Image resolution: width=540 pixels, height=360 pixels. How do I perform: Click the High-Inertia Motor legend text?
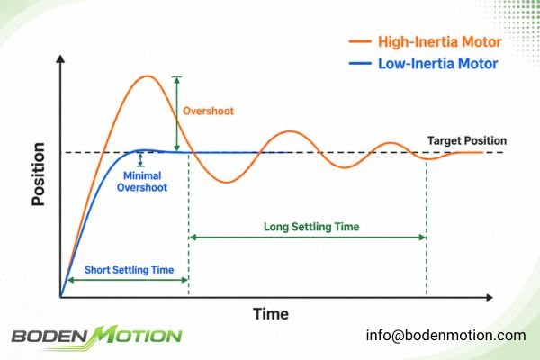click(440, 41)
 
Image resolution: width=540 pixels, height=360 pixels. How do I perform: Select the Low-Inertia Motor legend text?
click(438, 64)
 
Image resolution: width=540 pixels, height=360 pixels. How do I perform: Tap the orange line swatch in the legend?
click(360, 41)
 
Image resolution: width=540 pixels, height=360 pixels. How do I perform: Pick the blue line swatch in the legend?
click(360, 63)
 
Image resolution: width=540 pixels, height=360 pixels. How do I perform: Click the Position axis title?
click(38, 174)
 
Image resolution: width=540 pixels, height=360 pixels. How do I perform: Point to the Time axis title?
click(271, 314)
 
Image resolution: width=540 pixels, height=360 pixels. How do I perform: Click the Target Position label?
click(467, 140)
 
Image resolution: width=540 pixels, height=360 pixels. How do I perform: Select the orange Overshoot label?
click(208, 111)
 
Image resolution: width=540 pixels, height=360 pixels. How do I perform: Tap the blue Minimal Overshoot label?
click(142, 182)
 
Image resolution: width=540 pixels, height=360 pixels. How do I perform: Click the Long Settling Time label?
click(311, 227)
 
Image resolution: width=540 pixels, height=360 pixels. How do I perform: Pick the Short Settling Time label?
click(129, 270)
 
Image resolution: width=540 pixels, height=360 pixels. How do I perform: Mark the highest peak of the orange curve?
click(148, 76)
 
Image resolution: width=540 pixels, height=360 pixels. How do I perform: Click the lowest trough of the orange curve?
click(226, 182)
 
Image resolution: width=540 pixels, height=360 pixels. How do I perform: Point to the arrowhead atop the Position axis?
click(60, 58)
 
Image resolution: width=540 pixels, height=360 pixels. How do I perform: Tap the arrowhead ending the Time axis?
click(489, 297)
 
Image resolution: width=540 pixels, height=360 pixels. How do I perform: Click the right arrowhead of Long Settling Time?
click(423, 238)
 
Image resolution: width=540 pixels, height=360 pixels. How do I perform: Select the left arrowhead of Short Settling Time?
click(71, 280)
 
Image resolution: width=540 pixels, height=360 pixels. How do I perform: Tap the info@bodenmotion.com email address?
click(445, 335)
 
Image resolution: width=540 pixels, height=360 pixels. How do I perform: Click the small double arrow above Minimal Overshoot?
click(140, 160)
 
